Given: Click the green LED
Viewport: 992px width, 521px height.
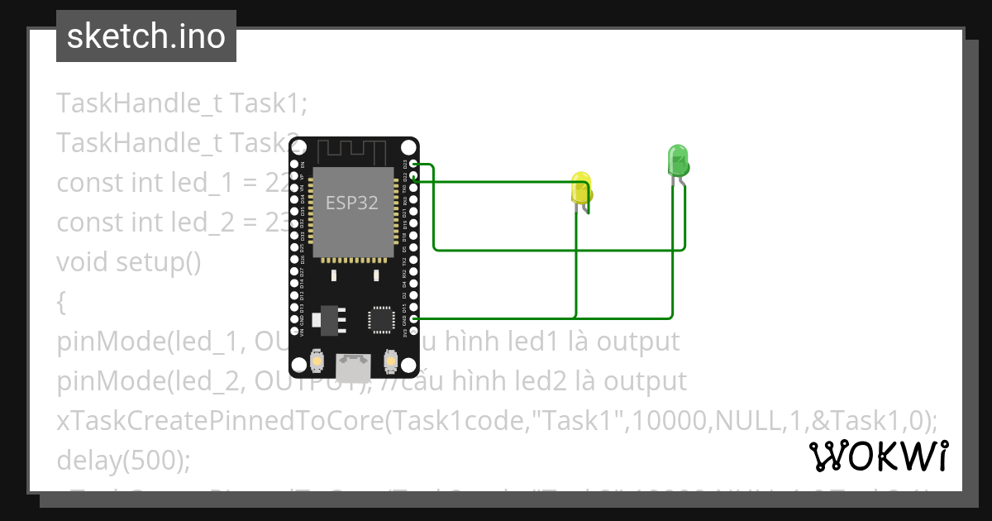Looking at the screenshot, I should coord(677,160).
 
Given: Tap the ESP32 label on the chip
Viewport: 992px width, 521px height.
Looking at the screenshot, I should coord(352,203).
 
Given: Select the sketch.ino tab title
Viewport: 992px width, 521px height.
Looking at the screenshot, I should coord(146,36).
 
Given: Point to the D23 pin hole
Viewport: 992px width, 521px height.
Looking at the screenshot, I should coord(413,165).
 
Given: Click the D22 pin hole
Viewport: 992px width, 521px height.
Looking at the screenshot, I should coord(413,177).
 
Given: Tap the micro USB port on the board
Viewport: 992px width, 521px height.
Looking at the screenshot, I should coord(353,363).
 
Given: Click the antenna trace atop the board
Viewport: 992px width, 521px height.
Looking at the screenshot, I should coord(353,151).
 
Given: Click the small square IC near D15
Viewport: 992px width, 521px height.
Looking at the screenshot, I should coord(380,318).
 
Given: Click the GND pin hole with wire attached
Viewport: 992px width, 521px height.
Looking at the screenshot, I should coord(413,318).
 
